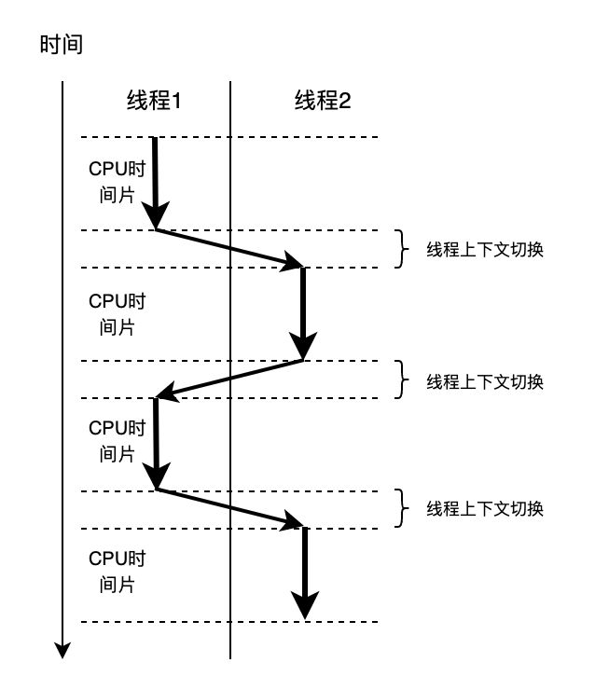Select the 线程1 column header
(x=153, y=101)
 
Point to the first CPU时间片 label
(x=117, y=182)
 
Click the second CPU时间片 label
(x=117, y=314)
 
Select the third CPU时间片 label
(x=117, y=441)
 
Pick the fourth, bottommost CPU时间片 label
(x=117, y=572)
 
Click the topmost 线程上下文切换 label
(x=485, y=250)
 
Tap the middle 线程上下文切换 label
(x=485, y=381)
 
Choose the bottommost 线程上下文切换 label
(x=485, y=509)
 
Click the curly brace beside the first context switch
(x=401, y=249)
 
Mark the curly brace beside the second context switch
(x=401, y=379)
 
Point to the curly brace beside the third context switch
(x=401, y=509)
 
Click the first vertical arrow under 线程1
(x=155, y=182)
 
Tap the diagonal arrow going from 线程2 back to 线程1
(x=229, y=379)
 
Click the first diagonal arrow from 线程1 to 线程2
(x=229, y=249)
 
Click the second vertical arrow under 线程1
(x=156, y=443)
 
